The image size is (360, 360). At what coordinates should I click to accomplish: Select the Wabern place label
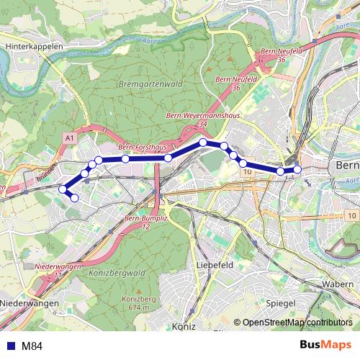pos(338,284)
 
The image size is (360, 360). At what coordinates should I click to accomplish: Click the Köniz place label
pos(185,326)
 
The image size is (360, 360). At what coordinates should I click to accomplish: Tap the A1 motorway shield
pos(69,137)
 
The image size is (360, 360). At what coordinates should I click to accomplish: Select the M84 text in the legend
pos(32,346)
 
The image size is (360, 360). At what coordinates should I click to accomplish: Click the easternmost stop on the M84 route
pos(297,170)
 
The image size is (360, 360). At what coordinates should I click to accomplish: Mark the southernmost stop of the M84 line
pos(73,197)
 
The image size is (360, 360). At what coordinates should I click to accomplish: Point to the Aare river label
pos(335,30)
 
